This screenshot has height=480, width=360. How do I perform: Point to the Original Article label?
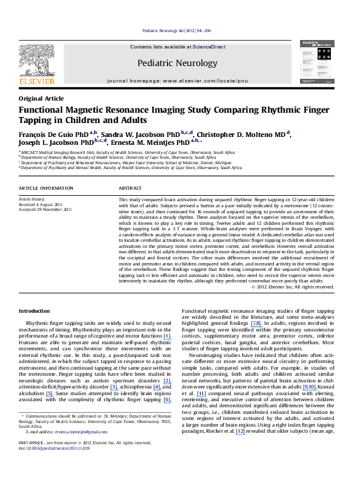pyautogui.click(x=39, y=98)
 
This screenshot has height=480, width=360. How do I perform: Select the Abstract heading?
pyautogui.click(x=130, y=188)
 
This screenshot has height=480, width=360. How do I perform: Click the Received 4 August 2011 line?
pyautogui.click(x=40, y=204)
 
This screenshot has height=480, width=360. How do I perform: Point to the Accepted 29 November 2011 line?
pyautogui.click(x=45, y=209)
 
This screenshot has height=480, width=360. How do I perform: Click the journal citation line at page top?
pyautogui.click(x=176, y=30)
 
